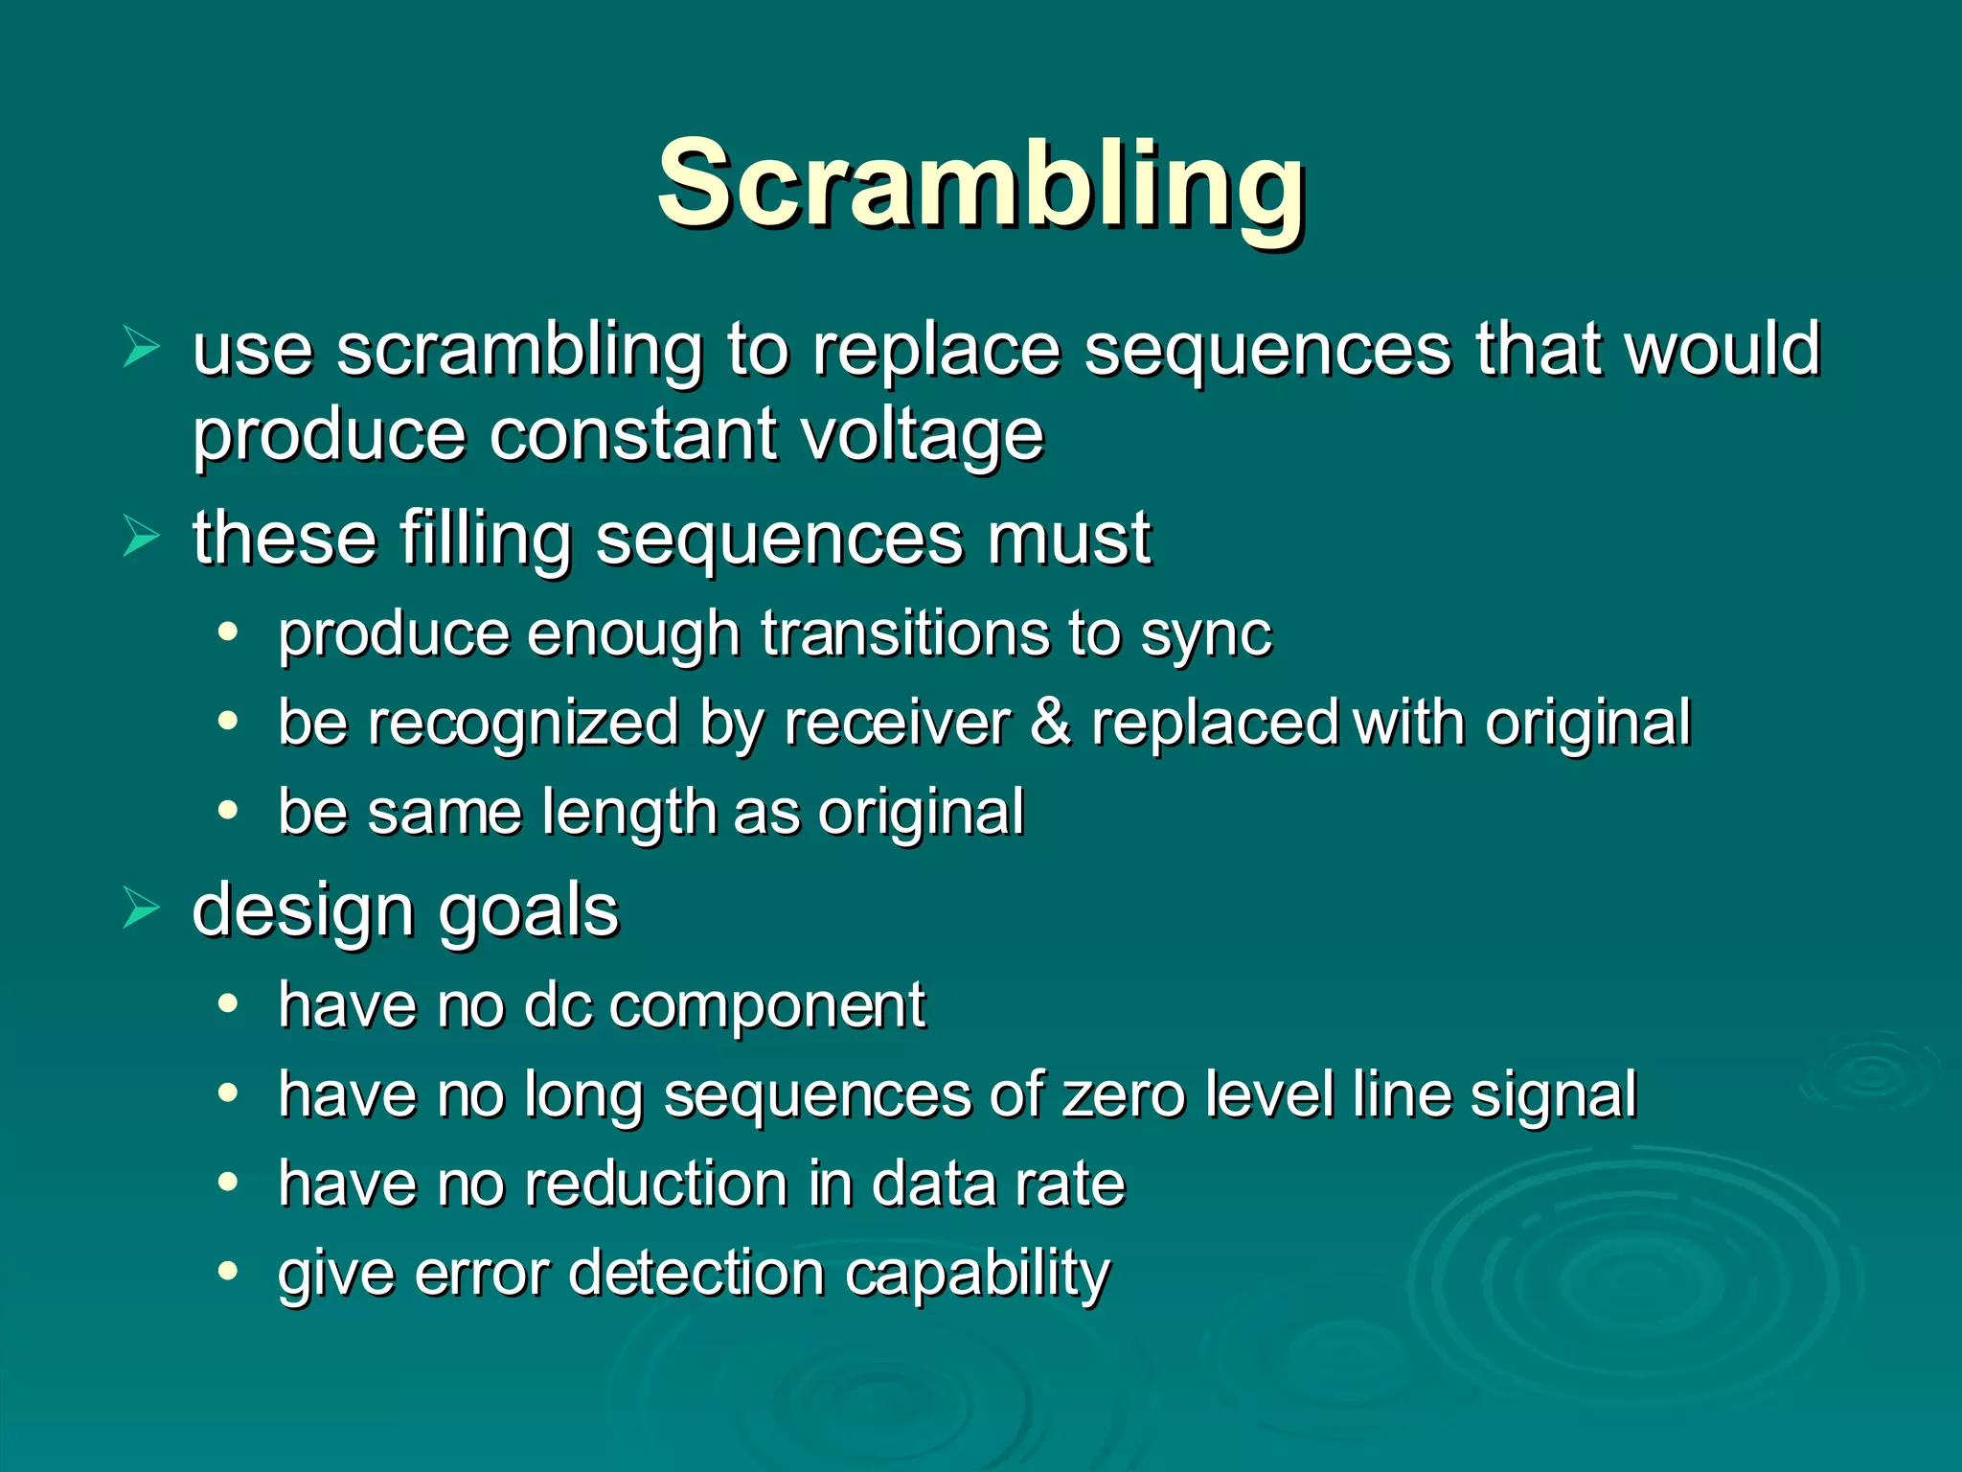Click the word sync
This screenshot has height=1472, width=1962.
[1205, 635]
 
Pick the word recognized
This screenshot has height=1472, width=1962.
[523, 724]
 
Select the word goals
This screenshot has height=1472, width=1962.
[529, 910]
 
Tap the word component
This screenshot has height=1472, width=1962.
[767, 1005]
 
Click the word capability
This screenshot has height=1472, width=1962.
[977, 1274]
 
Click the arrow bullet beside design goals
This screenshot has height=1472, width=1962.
[141, 908]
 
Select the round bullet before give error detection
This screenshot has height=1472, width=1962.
[227, 1271]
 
